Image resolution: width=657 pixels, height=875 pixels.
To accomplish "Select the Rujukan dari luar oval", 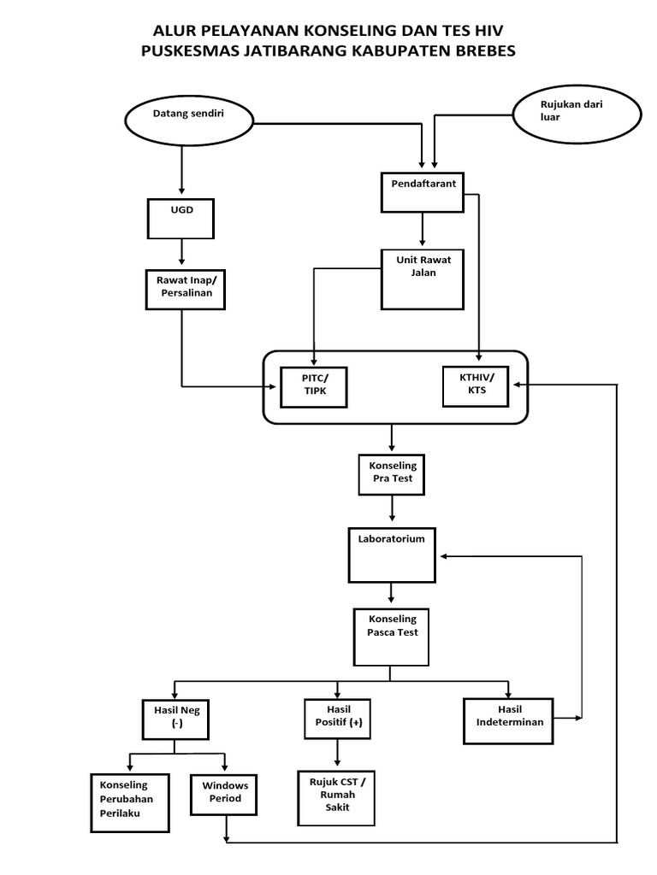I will coord(565,114).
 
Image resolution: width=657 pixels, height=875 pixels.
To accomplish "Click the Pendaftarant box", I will coord(422,191).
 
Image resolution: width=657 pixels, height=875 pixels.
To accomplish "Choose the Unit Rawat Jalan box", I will coord(422,279).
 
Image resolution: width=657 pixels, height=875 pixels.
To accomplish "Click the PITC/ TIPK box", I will coord(315,387).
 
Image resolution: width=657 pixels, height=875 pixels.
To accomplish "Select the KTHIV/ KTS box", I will coord(476,385).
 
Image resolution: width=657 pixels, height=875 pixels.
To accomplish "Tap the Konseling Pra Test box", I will coord(392,474).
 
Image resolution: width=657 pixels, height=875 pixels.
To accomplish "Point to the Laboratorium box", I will coord(391,555).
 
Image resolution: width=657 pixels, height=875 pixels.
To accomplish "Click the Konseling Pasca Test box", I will coord(391,637).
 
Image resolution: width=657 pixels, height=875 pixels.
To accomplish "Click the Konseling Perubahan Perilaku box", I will coord(125,802).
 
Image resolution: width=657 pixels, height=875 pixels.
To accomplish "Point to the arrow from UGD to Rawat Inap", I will coord(181,253).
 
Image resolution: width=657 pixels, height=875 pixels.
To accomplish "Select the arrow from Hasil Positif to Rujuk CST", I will coord(338,754).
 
